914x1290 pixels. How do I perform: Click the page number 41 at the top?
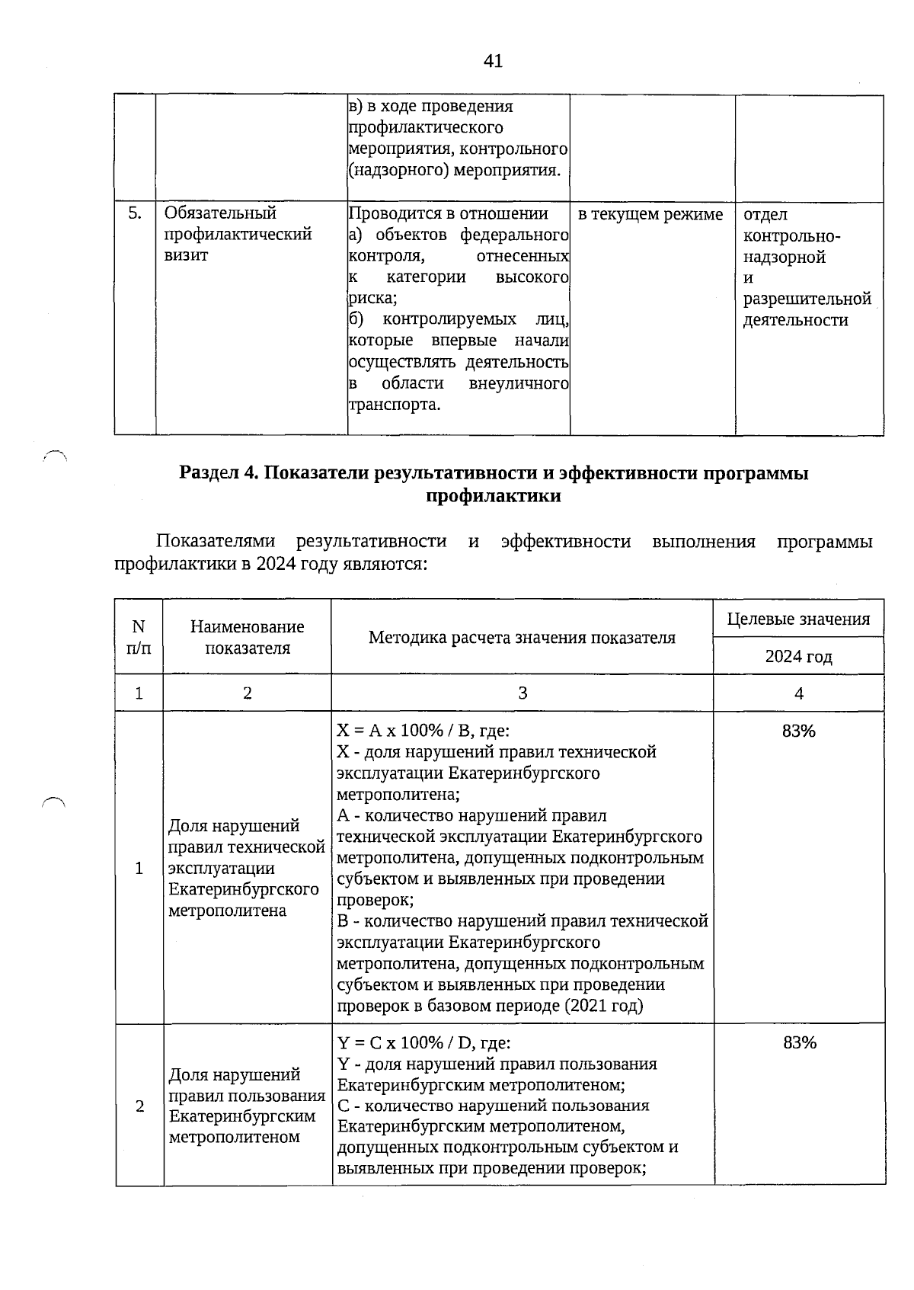click(x=493, y=61)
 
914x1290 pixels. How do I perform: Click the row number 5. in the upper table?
click(x=134, y=213)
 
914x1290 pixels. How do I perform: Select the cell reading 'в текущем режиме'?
click(x=650, y=215)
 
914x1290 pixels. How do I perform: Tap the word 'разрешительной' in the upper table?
click(x=807, y=299)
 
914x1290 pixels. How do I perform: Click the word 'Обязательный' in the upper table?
click(x=220, y=213)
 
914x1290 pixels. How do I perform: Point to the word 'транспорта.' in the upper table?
click(x=395, y=405)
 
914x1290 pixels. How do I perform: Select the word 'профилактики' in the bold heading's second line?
click(x=493, y=496)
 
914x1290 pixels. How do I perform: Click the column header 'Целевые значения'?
click(x=798, y=619)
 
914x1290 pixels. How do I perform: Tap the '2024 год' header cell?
click(x=798, y=656)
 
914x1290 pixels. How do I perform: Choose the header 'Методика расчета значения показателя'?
click(x=522, y=638)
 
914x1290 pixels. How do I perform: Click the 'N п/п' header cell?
click(x=139, y=638)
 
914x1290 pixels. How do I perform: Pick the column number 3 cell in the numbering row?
click(x=522, y=693)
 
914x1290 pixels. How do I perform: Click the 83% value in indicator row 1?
click(x=798, y=731)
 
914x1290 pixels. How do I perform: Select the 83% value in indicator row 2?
click(x=799, y=1043)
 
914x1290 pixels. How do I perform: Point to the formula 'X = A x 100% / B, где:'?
click(x=423, y=731)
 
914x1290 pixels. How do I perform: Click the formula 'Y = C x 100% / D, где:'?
click(x=423, y=1042)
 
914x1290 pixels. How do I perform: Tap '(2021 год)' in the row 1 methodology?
click(x=604, y=1006)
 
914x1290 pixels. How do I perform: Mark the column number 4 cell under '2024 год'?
click(x=798, y=693)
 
